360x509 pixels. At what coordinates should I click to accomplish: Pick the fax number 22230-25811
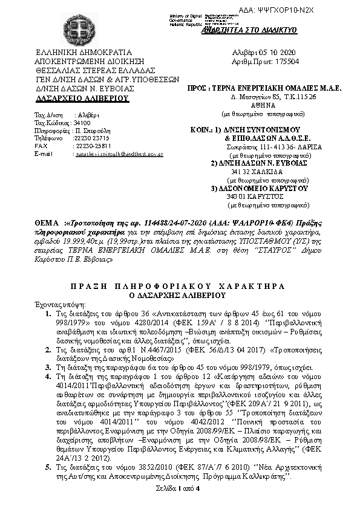point(92,146)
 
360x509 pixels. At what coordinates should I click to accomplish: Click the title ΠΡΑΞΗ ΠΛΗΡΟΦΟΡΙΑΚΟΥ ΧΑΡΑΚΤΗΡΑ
point(180,285)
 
